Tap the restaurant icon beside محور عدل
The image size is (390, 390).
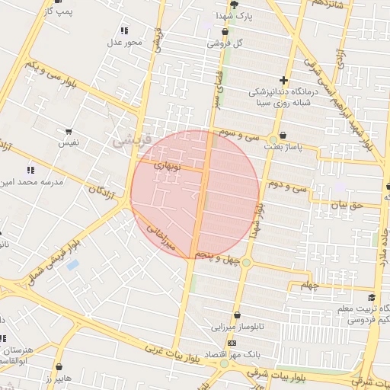(123, 30)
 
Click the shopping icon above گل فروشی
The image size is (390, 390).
(225, 32)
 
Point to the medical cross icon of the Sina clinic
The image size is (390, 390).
(283, 79)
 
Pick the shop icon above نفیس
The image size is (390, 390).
(69, 132)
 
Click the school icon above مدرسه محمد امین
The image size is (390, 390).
(30, 170)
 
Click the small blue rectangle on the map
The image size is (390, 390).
(72, 265)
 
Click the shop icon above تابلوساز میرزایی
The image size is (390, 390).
(238, 315)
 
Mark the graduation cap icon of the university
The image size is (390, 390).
(371, 298)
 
